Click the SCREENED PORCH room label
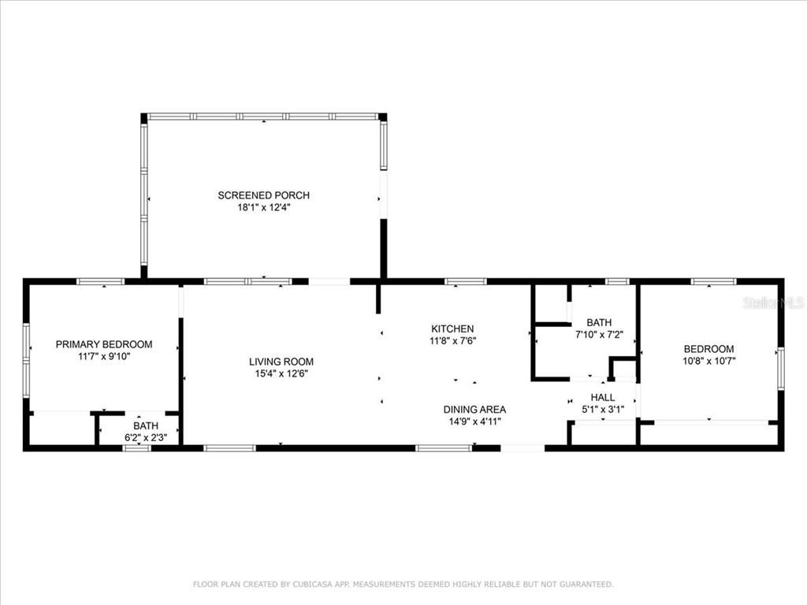263,195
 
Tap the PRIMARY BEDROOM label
104,345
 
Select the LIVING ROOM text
281,362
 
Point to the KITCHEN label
452,328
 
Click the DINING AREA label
474,410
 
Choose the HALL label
603,398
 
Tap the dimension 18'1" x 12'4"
263,208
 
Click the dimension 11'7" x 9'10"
104,357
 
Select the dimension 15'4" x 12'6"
281,374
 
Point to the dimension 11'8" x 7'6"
452,340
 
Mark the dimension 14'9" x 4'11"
474,422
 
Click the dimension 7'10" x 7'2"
599,334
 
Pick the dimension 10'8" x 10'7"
708,361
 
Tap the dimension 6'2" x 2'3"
146,438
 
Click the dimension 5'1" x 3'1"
603,410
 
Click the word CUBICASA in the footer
312,585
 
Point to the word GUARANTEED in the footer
586,585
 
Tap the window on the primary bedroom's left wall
26,360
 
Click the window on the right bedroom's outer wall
781,368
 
